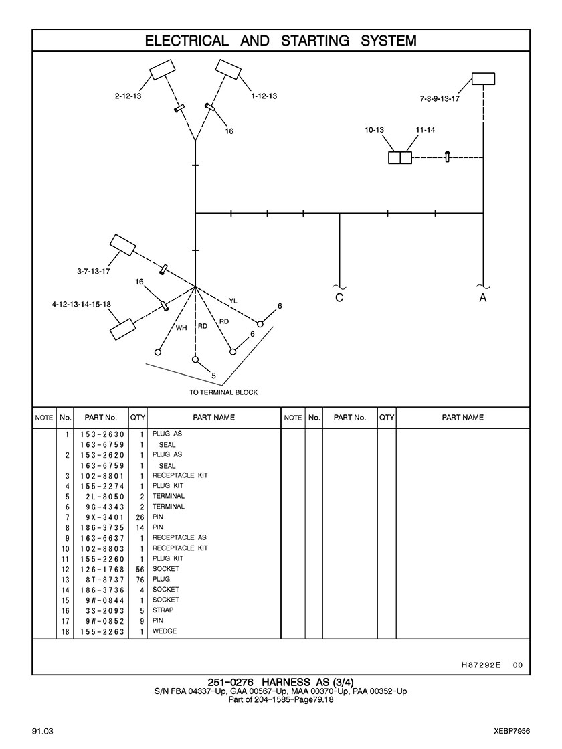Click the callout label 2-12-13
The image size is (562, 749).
[128, 96]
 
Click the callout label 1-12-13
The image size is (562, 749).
[264, 96]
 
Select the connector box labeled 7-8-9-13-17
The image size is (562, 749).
[484, 78]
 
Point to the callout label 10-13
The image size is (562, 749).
[375, 130]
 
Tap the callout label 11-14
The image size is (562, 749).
[425, 130]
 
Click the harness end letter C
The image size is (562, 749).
[339, 297]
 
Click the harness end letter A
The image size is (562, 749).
[483, 297]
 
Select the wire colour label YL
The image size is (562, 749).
[233, 301]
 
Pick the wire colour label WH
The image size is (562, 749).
[181, 328]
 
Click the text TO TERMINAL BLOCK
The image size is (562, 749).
[223, 392]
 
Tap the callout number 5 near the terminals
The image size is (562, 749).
[213, 376]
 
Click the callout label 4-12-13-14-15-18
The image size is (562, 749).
[81, 304]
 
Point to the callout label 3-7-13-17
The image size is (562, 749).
[94, 271]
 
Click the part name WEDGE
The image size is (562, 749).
[165, 631]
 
